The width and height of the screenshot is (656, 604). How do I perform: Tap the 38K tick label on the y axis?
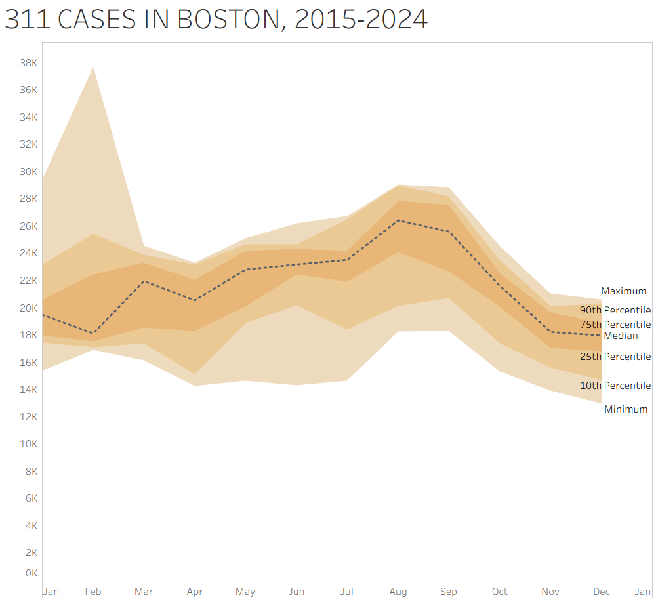click(28, 63)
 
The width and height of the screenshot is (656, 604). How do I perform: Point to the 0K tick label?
click(31, 573)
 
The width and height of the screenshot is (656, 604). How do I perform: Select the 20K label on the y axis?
click(28, 308)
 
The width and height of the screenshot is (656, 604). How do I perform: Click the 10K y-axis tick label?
click(28, 444)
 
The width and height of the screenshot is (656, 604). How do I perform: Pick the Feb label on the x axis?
click(93, 592)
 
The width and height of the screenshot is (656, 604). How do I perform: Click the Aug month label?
click(398, 592)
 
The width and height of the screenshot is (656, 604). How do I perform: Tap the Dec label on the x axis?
click(602, 592)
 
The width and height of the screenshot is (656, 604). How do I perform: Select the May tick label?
click(245, 592)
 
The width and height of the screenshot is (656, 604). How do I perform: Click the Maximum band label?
click(623, 291)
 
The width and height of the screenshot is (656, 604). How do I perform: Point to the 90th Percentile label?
click(615, 310)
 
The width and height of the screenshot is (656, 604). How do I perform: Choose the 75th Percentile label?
click(615, 325)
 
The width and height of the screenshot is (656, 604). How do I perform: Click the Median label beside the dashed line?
click(621, 336)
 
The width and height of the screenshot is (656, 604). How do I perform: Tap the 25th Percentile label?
click(615, 357)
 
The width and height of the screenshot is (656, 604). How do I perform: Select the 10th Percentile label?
click(615, 386)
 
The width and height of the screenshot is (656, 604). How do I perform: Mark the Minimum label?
click(626, 409)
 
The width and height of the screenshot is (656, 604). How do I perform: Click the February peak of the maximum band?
click(93, 67)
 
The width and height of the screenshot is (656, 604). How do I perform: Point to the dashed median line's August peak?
click(398, 220)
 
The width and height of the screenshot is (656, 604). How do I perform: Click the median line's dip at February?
click(93, 333)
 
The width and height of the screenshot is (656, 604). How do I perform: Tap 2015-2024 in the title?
click(361, 20)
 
